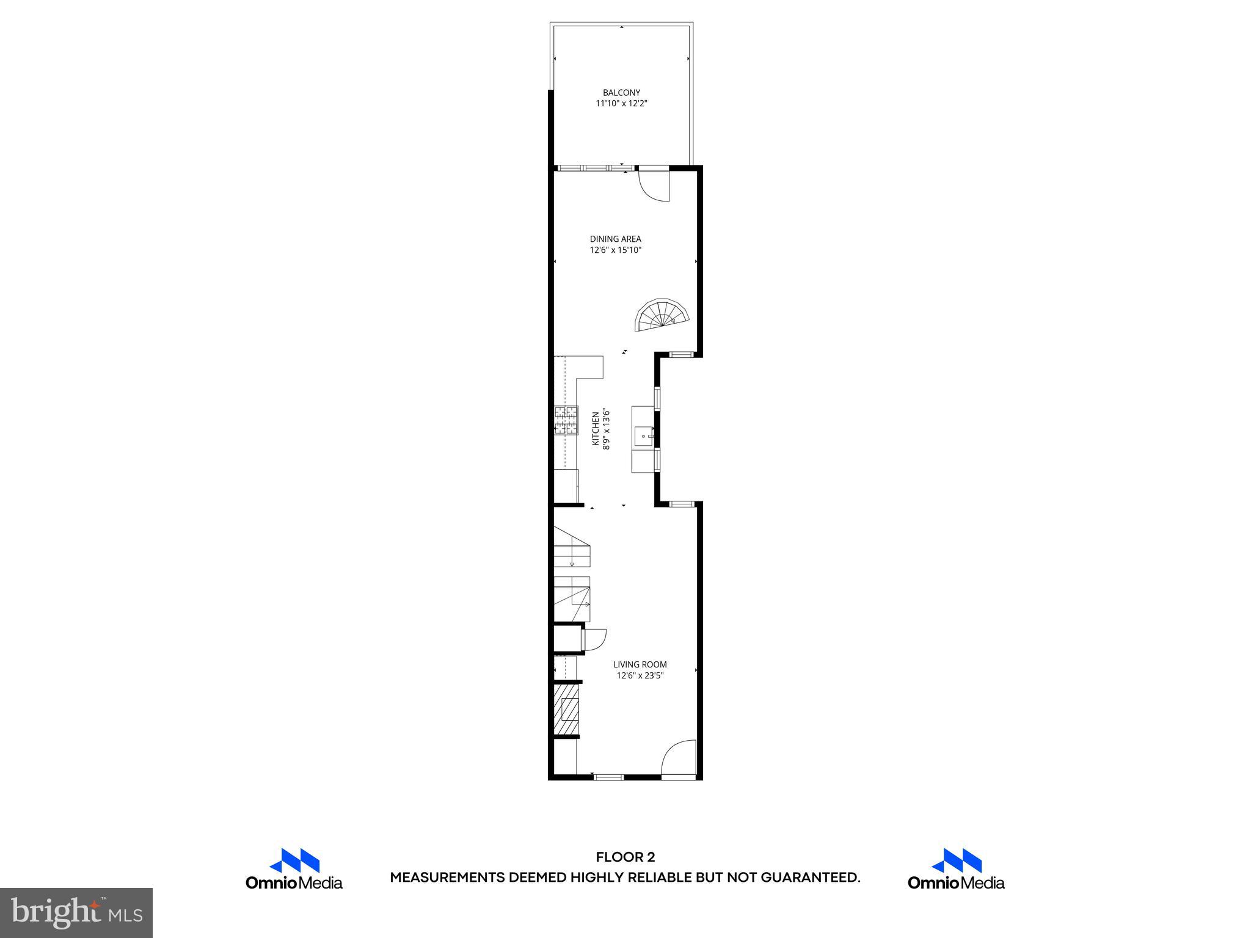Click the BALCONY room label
tap(621, 93)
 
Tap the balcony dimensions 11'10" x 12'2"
tap(621, 104)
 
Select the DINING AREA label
tap(615, 239)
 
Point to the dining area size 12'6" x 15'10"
tap(615, 250)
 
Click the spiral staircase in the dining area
tap(663, 315)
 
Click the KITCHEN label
tap(596, 429)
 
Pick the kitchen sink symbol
tap(644, 437)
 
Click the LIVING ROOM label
tap(640, 664)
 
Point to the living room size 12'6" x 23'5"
tap(640, 675)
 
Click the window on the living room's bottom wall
tap(609, 777)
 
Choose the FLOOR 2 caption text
tap(625, 857)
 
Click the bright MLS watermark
tap(76, 912)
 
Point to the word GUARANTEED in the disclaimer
tap(809, 878)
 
